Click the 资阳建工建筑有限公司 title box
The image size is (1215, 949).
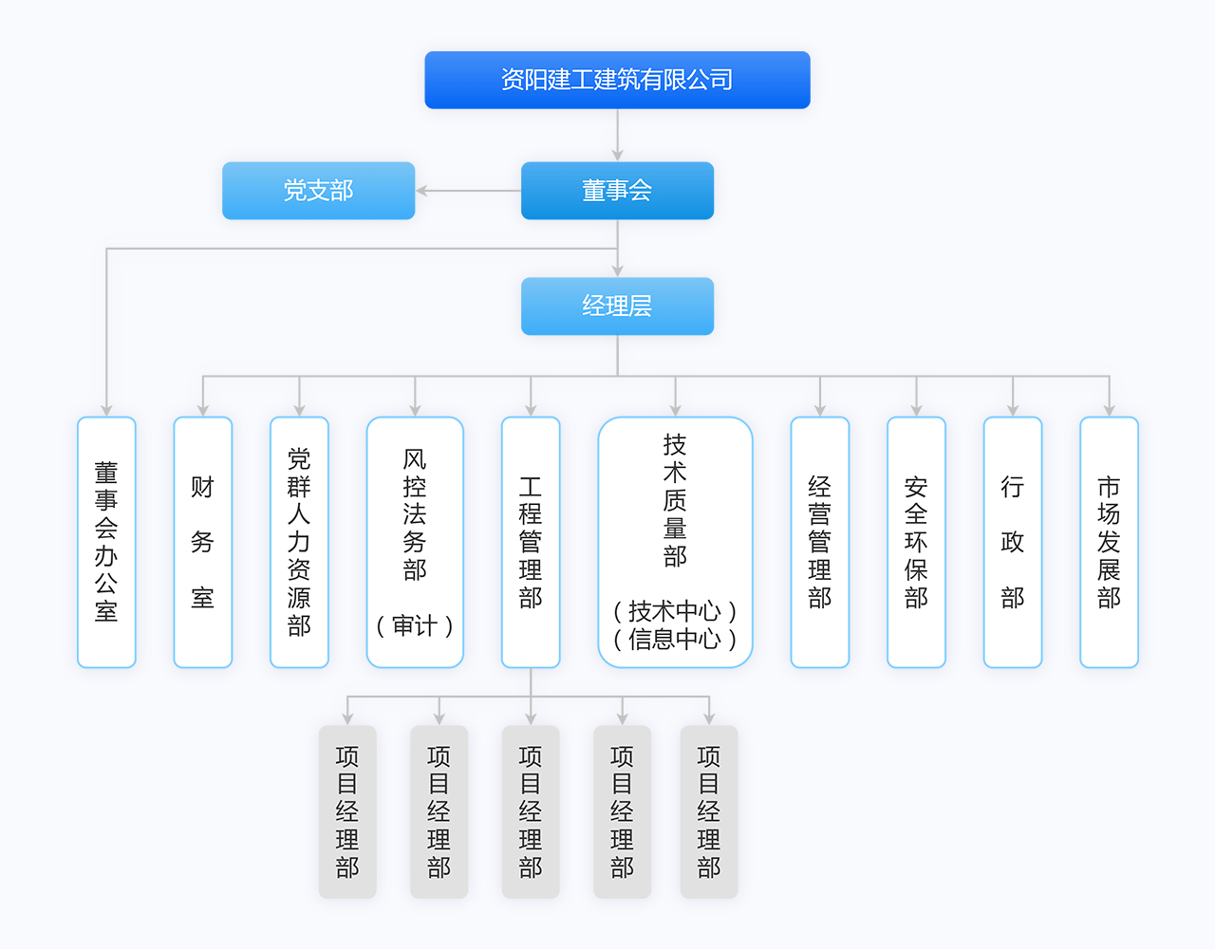click(x=617, y=80)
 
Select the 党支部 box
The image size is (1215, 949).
click(x=318, y=191)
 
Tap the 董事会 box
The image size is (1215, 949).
click(x=617, y=191)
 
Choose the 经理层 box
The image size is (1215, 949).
click(x=617, y=307)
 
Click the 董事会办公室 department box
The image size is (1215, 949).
click(x=106, y=542)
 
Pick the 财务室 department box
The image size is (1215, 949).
click(x=202, y=542)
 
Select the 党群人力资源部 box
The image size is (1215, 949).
click(x=299, y=542)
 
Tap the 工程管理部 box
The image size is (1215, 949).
click(x=531, y=542)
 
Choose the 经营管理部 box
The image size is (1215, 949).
click(x=819, y=542)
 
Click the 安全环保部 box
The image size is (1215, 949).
click(x=916, y=542)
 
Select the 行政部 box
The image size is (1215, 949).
click(x=1013, y=542)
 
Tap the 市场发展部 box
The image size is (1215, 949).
click(x=1109, y=542)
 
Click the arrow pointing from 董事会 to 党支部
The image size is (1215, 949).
click(x=424, y=191)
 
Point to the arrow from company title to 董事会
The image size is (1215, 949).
click(x=617, y=153)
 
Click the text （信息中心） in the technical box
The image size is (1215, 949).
click(x=675, y=640)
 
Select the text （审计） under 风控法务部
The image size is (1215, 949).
click(x=415, y=626)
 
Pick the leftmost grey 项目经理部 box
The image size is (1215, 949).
click(x=347, y=811)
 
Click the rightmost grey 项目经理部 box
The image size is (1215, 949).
click(x=709, y=811)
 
